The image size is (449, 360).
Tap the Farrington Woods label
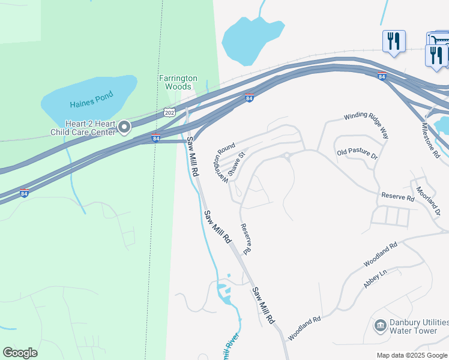178,82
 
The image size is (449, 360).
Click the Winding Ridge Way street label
366,125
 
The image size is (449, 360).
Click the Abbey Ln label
375,278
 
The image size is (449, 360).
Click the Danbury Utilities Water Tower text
418,326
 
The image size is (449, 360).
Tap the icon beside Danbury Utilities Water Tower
380,326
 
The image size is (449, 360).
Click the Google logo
20,353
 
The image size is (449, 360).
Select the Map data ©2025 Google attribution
412,355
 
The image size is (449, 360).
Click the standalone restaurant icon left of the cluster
394,41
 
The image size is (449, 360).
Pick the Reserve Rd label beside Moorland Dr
398,197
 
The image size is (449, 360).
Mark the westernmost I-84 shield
25,193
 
